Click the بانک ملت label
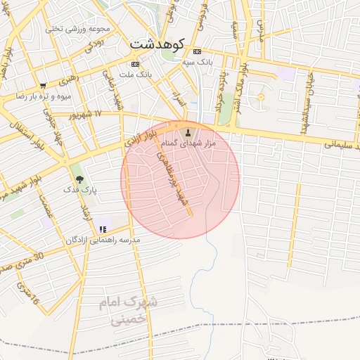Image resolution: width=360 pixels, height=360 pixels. (x=136, y=74)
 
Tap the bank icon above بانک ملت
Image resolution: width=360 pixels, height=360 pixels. (x=135, y=63)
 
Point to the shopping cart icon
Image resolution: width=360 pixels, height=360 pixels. (x=43, y=85)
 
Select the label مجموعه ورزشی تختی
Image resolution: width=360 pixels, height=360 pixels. (x=78, y=29)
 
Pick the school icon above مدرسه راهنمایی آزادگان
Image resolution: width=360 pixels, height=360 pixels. (x=103, y=229)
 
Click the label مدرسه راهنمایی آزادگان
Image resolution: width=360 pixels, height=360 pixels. (x=103, y=240)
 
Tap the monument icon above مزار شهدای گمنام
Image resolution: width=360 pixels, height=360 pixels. (x=188, y=131)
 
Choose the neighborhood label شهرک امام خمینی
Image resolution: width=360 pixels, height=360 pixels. (x=130, y=310)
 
